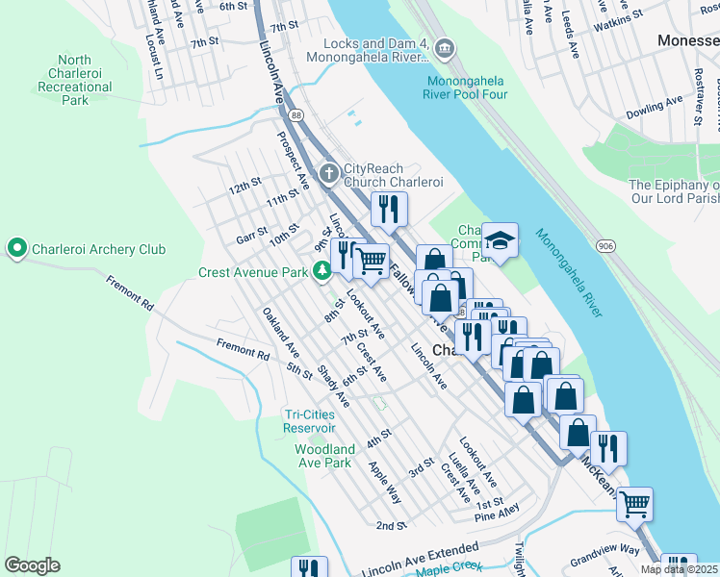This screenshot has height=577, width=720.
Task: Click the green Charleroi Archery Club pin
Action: tap(16, 249)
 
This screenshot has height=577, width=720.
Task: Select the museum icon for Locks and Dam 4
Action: tap(444, 47)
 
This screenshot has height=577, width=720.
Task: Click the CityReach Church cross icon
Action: tap(329, 173)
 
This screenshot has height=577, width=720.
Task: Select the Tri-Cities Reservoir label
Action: tap(310, 421)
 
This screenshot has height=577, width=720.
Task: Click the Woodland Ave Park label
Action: tap(323, 456)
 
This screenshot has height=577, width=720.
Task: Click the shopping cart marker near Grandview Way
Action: tap(633, 502)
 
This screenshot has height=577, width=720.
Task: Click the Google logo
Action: tap(32, 565)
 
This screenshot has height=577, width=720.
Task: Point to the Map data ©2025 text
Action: tap(679, 569)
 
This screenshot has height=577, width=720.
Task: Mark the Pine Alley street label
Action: tap(497, 516)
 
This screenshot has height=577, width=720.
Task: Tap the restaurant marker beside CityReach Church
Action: tap(389, 208)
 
